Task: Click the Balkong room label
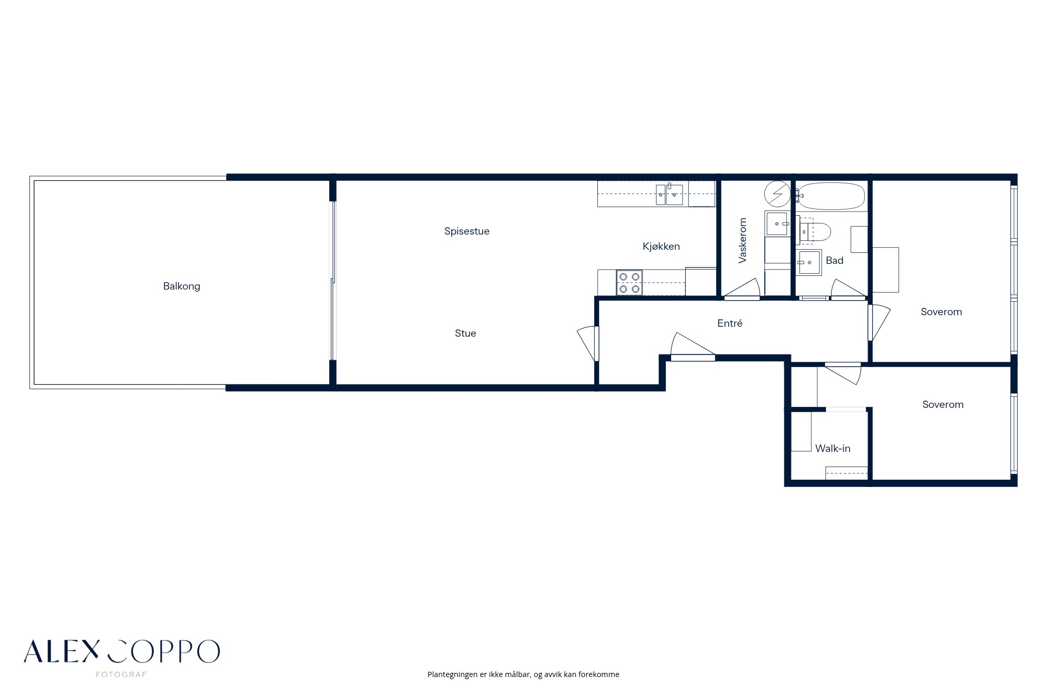click(182, 286)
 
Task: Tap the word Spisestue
click(467, 231)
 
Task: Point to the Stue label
click(465, 334)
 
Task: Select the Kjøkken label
click(661, 247)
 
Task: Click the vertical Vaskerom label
click(742, 240)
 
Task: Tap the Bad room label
click(834, 261)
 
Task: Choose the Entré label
click(730, 324)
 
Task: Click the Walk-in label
click(833, 449)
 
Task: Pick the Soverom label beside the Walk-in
click(943, 405)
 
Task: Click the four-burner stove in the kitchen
click(629, 283)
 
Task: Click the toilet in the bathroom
click(815, 231)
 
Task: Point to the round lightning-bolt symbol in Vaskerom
click(777, 194)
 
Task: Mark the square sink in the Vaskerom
click(777, 224)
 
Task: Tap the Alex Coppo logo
click(121, 651)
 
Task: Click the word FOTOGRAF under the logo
click(121, 674)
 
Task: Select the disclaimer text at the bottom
click(523, 674)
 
